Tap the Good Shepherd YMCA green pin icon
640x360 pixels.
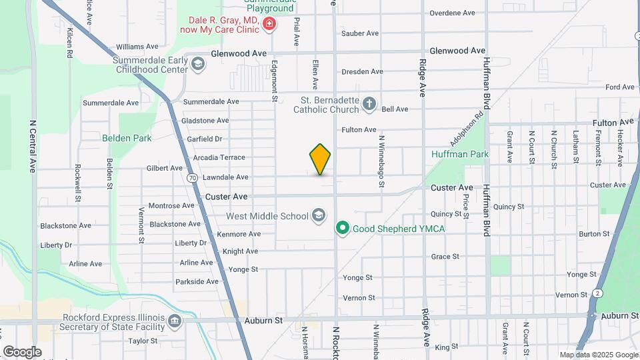click(x=343, y=229)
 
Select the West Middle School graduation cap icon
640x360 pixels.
click(x=319, y=215)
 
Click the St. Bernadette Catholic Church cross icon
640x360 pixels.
click(x=369, y=104)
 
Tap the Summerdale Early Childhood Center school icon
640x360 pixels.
click(x=197, y=64)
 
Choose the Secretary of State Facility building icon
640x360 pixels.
click(x=174, y=322)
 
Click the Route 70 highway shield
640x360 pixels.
click(x=192, y=178)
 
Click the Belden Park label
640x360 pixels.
click(x=127, y=138)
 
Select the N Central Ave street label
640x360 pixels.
click(x=31, y=147)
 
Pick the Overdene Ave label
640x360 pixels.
click(x=452, y=13)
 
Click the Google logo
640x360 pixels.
click(x=22, y=351)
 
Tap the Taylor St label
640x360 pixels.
click(x=142, y=341)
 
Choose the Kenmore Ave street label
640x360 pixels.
click(x=239, y=234)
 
